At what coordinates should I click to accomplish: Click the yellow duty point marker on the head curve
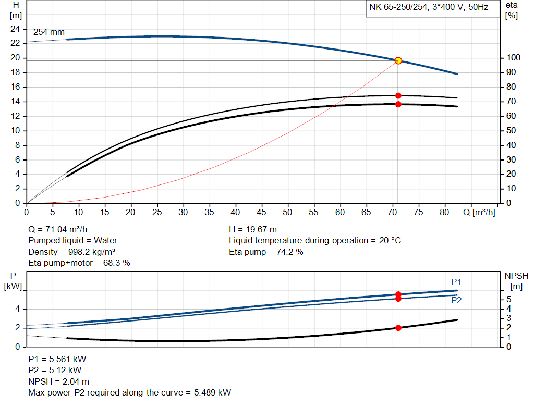[398, 60]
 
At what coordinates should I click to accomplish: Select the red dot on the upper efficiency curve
[398, 96]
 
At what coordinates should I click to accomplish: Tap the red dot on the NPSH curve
[398, 328]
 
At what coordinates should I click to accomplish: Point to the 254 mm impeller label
[49, 32]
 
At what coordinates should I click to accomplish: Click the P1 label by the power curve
[456, 282]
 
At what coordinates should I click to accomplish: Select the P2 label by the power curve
[456, 300]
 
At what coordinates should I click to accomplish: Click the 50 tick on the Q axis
[287, 213]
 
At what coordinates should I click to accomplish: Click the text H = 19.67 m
[253, 229]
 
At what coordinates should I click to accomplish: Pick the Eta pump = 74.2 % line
[266, 252]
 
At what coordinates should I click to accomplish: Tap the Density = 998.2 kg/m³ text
[71, 252]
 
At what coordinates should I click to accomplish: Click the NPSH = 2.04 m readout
[58, 381]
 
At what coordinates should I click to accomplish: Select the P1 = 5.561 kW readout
[57, 359]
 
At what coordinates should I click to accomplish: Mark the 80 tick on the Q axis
[445, 213]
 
